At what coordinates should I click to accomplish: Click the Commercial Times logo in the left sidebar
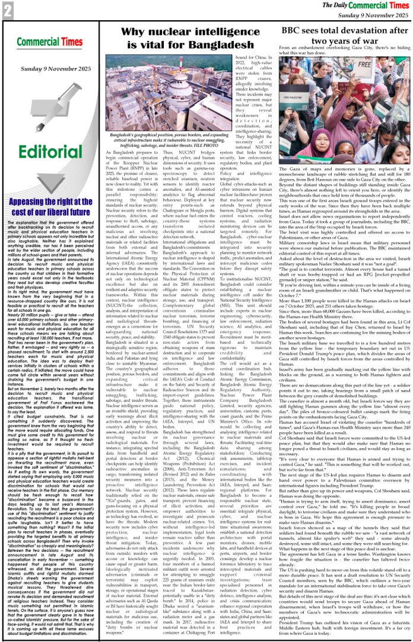[41, 43]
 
